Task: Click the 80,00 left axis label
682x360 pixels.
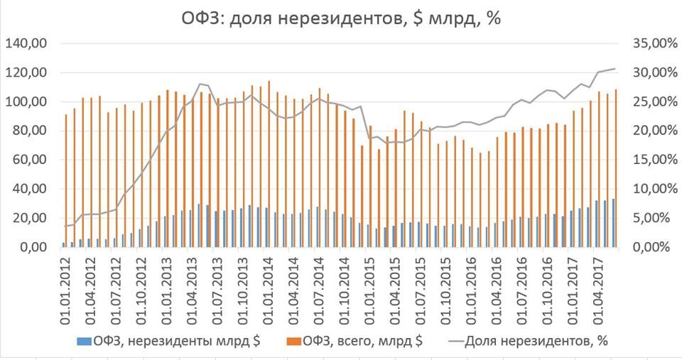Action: (x=28, y=131)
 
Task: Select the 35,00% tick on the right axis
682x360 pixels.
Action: (x=649, y=44)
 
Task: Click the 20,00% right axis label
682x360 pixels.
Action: (x=649, y=131)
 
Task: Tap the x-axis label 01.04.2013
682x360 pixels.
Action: (x=189, y=288)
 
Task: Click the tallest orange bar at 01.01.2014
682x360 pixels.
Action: (x=269, y=163)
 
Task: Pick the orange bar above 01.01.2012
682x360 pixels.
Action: (x=66, y=180)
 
